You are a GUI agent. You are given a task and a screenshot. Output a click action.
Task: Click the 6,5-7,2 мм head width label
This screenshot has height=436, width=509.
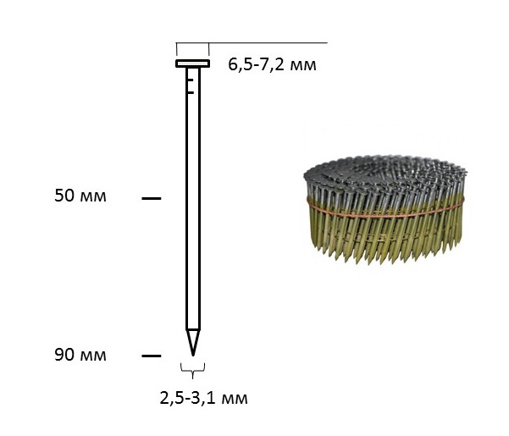click(272, 64)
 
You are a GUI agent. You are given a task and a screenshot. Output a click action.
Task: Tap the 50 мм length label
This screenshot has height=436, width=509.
click(80, 196)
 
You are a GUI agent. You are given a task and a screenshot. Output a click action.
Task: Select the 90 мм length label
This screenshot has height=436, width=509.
click(80, 355)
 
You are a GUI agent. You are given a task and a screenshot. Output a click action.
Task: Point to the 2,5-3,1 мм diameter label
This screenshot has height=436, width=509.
click(203, 398)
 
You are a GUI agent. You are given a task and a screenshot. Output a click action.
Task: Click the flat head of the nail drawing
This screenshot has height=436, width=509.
click(193, 63)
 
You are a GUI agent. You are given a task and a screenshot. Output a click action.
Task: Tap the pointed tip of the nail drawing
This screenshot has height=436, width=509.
click(193, 355)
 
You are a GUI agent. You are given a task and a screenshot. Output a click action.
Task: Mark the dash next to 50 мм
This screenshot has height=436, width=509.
click(152, 198)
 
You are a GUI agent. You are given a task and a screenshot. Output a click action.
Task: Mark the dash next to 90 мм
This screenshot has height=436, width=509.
click(152, 356)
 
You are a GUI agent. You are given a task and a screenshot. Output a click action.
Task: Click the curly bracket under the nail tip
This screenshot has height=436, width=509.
click(193, 370)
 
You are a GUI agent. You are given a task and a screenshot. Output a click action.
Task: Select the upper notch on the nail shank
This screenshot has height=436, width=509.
click(191, 80)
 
